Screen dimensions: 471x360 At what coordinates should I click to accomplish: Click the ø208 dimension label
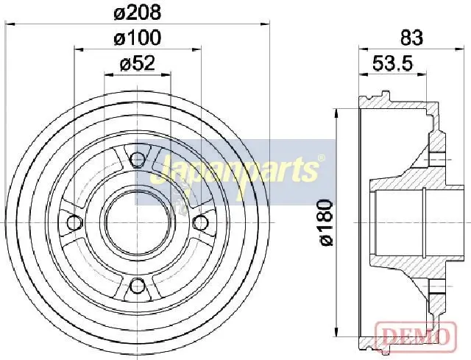point(138,13)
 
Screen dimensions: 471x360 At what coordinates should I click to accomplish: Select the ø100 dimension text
point(138,38)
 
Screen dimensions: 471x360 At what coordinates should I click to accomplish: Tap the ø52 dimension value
point(138,64)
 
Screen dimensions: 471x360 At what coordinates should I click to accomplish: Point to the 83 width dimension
point(411,38)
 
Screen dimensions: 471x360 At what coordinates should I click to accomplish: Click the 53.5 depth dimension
point(393,63)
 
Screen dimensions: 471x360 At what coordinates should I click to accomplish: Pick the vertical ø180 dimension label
point(325,223)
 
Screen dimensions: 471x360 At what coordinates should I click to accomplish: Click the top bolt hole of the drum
point(138,159)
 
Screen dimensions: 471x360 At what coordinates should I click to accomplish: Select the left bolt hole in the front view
point(74,222)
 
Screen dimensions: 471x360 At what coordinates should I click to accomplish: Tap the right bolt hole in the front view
point(200,222)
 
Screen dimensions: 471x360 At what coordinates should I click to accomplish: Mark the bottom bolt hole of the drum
point(138,286)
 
